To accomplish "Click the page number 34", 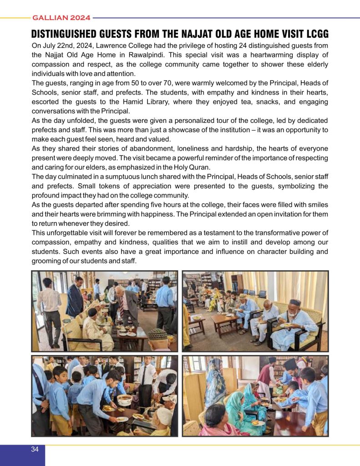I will [x=35, y=449].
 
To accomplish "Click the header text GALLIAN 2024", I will [x=61, y=18].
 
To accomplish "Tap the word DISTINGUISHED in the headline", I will [x=64, y=35].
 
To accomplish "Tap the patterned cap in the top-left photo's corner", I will [x=157, y=334].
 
